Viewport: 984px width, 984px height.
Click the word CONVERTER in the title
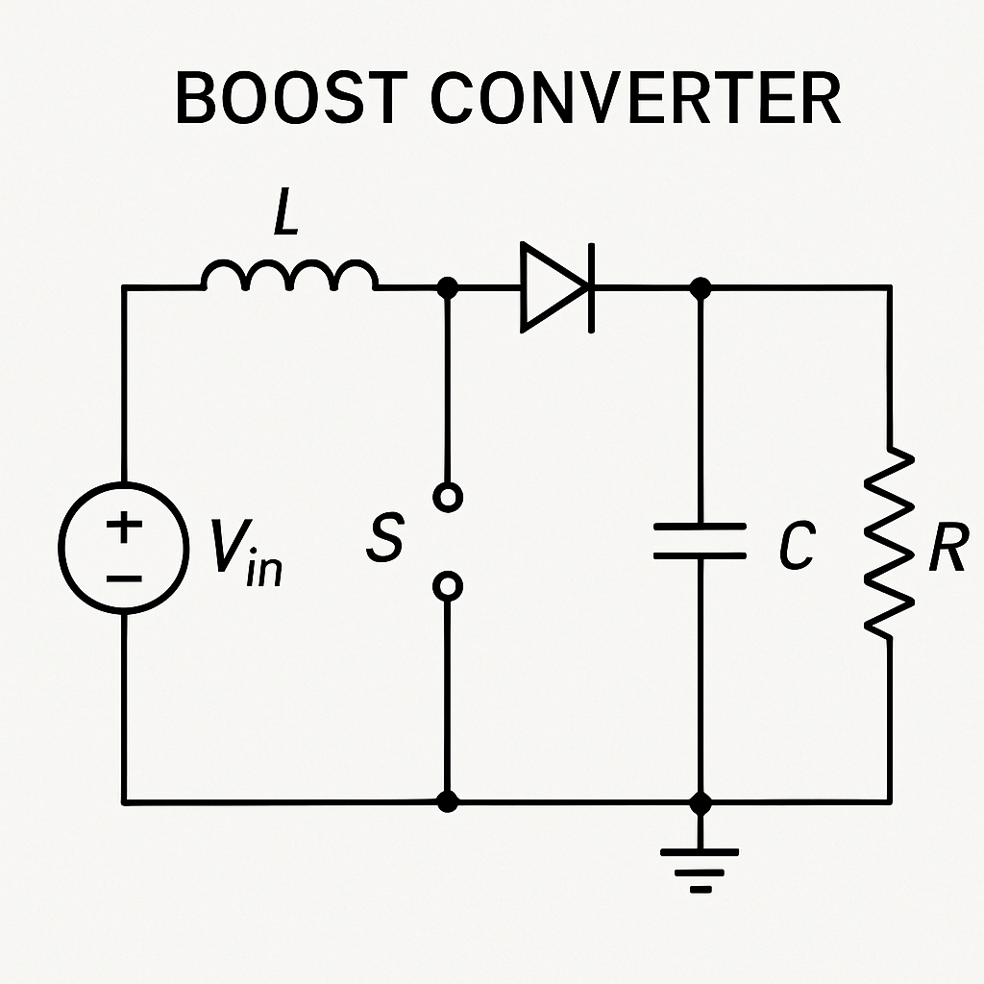[x=635, y=98]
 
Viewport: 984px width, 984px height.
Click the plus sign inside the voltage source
[x=124, y=526]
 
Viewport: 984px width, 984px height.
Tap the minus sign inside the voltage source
[x=124, y=578]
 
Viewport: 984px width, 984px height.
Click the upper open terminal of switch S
[x=447, y=497]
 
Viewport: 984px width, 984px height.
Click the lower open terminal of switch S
[x=447, y=585]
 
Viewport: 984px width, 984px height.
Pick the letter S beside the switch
[x=384, y=539]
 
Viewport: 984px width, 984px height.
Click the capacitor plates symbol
[x=701, y=540]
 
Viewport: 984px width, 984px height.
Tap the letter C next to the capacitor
[x=797, y=547]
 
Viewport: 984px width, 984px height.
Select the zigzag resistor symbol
[x=889, y=544]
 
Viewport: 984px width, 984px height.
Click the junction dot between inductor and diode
[x=447, y=286]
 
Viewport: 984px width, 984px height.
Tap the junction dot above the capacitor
[x=701, y=286]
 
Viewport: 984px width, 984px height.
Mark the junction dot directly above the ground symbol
[x=701, y=800]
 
